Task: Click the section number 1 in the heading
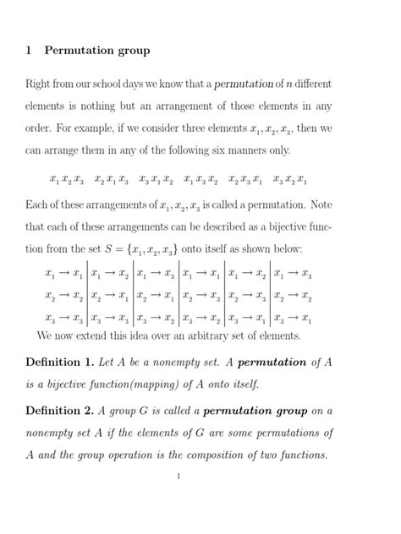(29, 51)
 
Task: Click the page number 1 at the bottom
(179, 477)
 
